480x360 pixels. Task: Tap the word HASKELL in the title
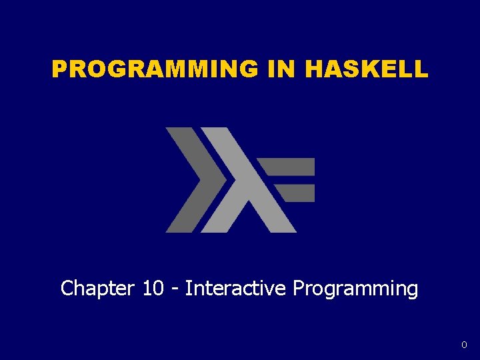[366, 69]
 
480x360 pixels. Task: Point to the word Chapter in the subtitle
[97, 289]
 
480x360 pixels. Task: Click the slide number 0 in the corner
[463, 345]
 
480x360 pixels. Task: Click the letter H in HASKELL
[315, 69]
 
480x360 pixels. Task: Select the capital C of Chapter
[67, 289]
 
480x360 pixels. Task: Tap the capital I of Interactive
[188, 289]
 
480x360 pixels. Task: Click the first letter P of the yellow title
[60, 69]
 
